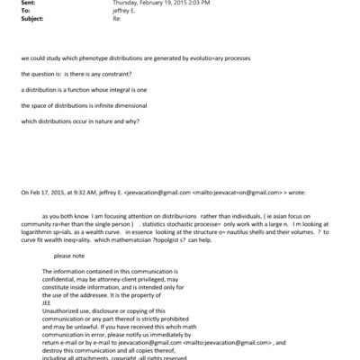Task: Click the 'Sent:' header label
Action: point(10,4)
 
